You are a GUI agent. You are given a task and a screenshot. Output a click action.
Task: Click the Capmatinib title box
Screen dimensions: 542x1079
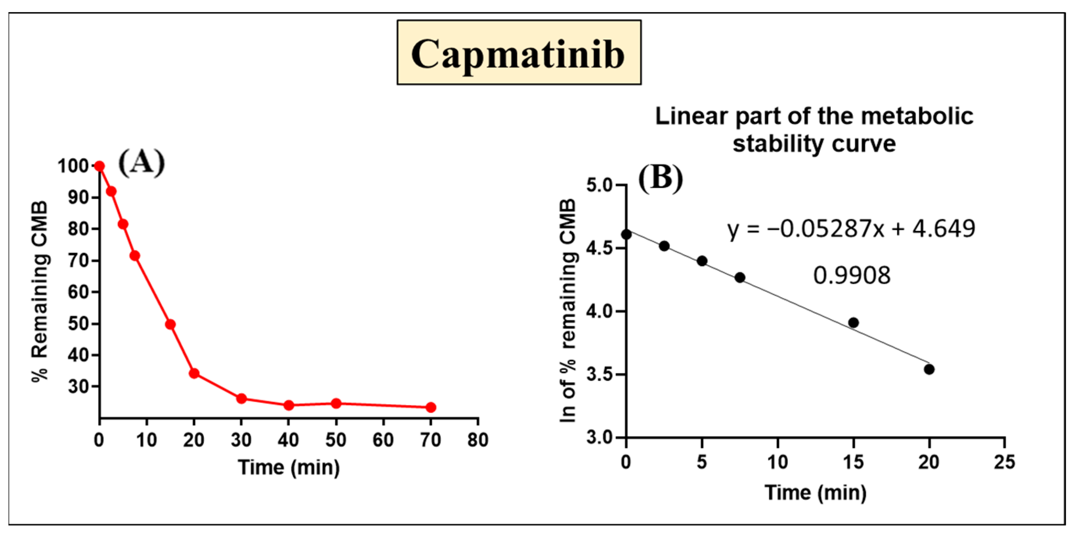[x=519, y=53]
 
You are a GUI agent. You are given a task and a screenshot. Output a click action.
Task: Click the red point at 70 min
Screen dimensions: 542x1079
[x=431, y=407]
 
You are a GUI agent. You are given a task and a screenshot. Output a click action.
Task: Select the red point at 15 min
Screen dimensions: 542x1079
[x=170, y=324]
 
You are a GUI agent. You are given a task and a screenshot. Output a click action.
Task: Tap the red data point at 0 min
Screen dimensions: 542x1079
[x=99, y=166]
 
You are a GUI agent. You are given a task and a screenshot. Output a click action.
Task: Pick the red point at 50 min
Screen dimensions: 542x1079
[x=336, y=403]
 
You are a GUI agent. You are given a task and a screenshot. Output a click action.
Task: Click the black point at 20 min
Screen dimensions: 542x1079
[x=929, y=369]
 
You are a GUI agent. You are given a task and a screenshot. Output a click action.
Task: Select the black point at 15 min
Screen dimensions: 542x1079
[x=853, y=323]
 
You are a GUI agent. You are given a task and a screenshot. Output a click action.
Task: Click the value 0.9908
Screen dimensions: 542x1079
[x=852, y=276]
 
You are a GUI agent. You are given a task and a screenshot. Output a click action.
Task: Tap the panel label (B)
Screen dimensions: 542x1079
[x=660, y=178]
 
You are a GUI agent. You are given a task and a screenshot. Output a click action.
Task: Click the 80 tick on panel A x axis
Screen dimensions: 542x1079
[x=478, y=440]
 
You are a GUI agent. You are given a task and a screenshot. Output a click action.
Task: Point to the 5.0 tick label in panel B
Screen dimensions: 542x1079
[x=599, y=185]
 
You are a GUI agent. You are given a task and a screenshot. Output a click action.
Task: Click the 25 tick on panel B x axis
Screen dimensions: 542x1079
[x=1004, y=462]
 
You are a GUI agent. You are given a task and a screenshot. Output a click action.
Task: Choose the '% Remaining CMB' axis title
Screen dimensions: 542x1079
[x=40, y=292]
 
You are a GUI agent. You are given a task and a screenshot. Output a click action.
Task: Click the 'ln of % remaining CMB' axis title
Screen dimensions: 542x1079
[x=568, y=310]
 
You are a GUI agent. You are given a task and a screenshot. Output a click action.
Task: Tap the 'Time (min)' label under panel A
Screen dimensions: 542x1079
[x=288, y=467]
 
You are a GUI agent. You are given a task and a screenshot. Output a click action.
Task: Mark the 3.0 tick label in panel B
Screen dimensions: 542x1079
[x=599, y=437]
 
